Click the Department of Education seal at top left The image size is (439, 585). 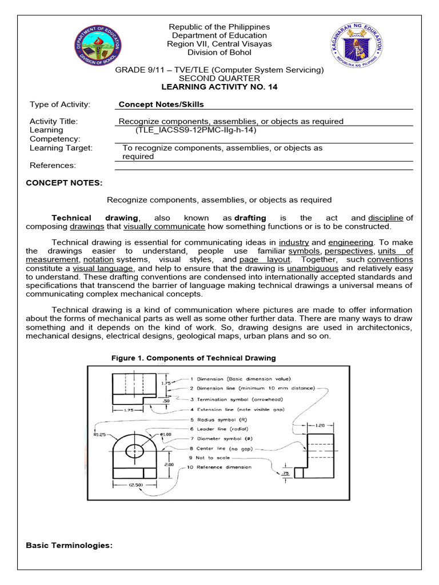point(98,47)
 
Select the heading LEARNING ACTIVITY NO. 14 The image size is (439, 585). point(219,86)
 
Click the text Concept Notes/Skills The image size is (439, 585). point(161,105)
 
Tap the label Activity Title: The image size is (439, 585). point(53,121)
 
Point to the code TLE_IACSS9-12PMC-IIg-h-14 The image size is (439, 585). point(195,130)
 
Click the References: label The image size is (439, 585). point(52,165)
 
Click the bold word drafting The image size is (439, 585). point(250,218)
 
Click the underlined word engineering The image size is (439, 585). point(350,242)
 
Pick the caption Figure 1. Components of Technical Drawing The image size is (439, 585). point(193,358)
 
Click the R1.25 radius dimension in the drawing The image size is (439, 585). point(100,435)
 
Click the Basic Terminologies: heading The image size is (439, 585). point(69,546)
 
